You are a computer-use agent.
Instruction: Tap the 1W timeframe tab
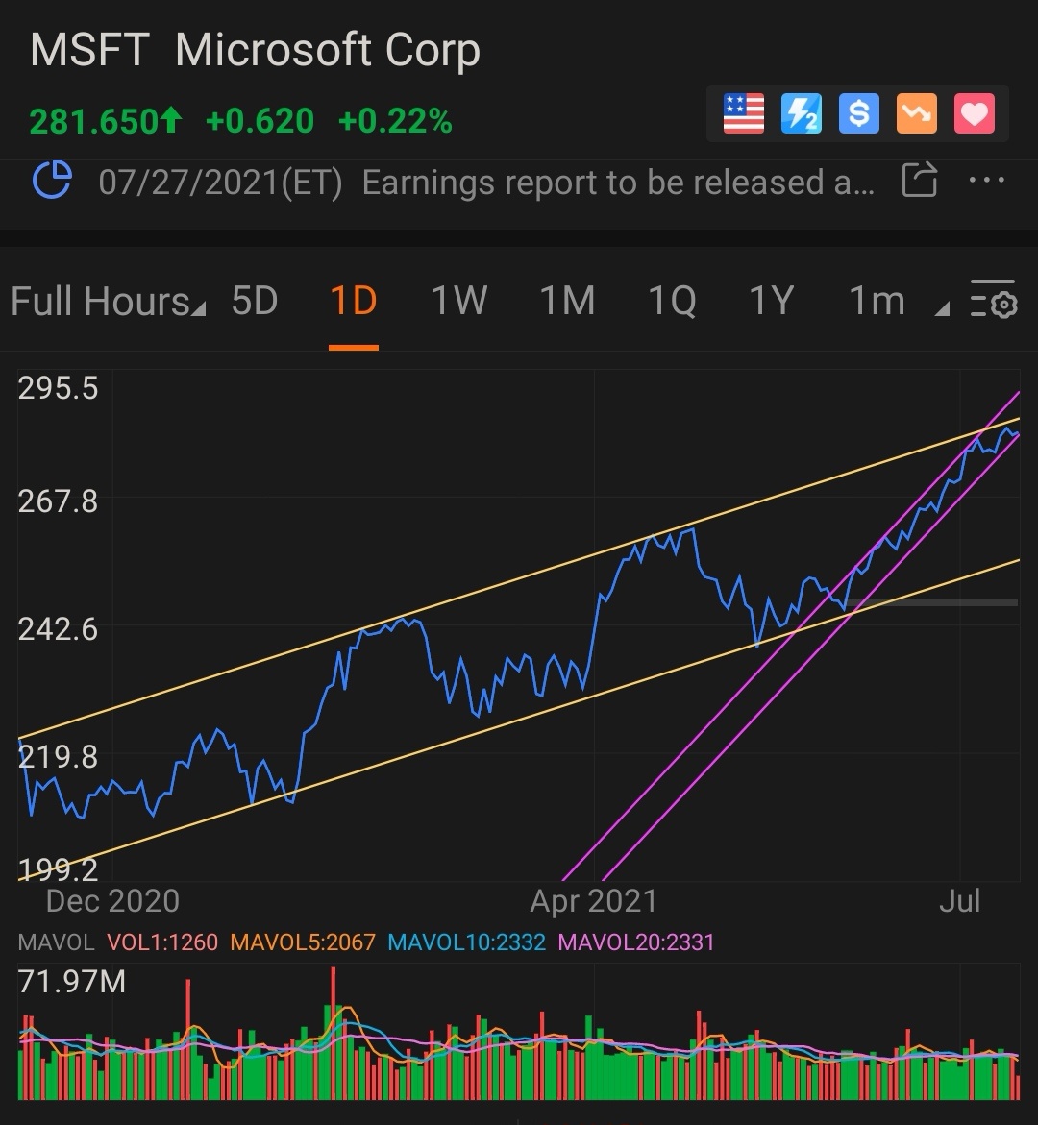tap(458, 302)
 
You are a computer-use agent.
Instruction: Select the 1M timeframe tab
tap(567, 302)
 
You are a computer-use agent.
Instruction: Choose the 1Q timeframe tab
tap(672, 302)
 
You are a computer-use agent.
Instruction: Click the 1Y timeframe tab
tap(772, 302)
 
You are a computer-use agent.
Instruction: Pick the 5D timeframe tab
tap(255, 302)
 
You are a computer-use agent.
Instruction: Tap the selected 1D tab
tap(353, 302)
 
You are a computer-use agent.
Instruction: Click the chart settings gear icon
tap(994, 301)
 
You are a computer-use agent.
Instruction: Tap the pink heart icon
tap(974, 114)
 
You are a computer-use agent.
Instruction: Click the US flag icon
tap(743, 114)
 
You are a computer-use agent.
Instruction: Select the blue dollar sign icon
tap(858, 114)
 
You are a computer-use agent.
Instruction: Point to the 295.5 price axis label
tap(58, 388)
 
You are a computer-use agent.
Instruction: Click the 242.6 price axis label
tap(58, 629)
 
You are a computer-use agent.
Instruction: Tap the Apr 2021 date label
tap(593, 901)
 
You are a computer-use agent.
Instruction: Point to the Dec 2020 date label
tap(112, 901)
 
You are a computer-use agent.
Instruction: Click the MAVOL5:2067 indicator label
tap(303, 942)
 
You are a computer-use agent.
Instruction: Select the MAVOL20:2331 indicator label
tap(636, 942)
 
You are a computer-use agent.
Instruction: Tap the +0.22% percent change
tap(395, 121)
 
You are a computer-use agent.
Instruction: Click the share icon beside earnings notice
tap(919, 180)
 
